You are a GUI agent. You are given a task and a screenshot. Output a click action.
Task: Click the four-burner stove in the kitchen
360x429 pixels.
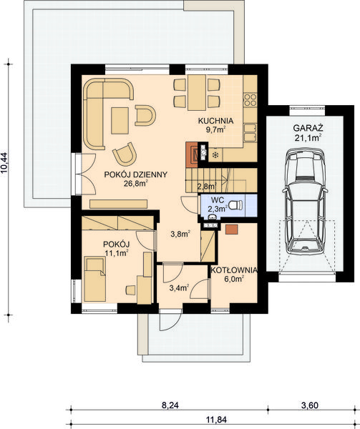250,98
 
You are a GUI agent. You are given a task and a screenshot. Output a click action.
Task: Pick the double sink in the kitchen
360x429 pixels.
250,132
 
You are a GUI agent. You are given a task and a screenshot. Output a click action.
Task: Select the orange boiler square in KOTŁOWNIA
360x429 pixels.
231,230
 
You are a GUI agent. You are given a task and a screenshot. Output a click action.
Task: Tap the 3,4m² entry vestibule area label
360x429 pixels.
177,288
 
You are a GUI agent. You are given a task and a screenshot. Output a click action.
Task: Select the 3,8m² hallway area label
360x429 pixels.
180,233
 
